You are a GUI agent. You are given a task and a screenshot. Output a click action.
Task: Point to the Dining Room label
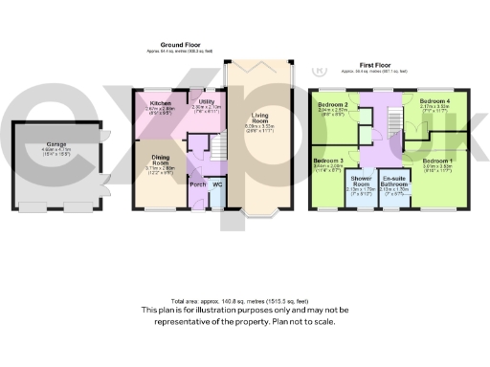[x=161, y=162]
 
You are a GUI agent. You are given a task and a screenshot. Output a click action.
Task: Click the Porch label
[x=198, y=183]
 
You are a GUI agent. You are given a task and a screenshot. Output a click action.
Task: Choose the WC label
[x=218, y=183]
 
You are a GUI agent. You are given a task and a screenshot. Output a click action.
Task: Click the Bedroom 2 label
[x=332, y=102]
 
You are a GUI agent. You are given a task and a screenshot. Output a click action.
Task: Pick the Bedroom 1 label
[x=437, y=160]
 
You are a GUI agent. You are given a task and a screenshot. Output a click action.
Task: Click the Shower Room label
[x=361, y=181]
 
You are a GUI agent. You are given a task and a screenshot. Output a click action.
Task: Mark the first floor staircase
[x=390, y=119]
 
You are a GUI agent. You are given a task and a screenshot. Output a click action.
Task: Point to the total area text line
[x=245, y=299]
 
